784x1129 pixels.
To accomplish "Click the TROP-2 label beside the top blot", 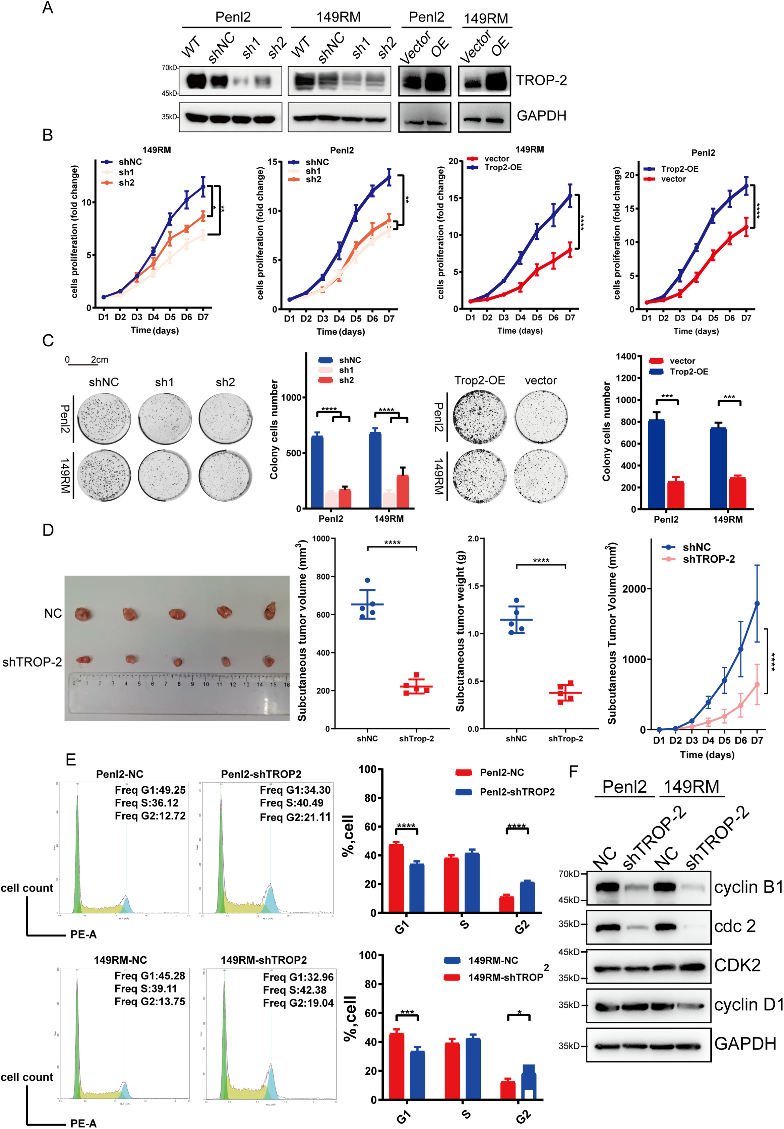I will click(541, 80).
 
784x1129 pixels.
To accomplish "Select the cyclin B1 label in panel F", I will click(748, 887).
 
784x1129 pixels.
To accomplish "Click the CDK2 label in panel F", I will click(737, 965).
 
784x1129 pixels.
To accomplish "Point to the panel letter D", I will click(48, 530).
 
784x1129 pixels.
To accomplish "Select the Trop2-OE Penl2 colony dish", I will click(479, 416).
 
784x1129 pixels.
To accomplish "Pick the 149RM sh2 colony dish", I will click(226, 475).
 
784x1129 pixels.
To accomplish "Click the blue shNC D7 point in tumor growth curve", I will click(757, 604).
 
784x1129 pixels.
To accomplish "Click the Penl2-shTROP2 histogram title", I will click(261, 774).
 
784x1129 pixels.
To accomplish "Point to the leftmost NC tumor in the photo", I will click(82, 613).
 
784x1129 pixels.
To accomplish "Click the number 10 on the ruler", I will click(205, 684).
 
